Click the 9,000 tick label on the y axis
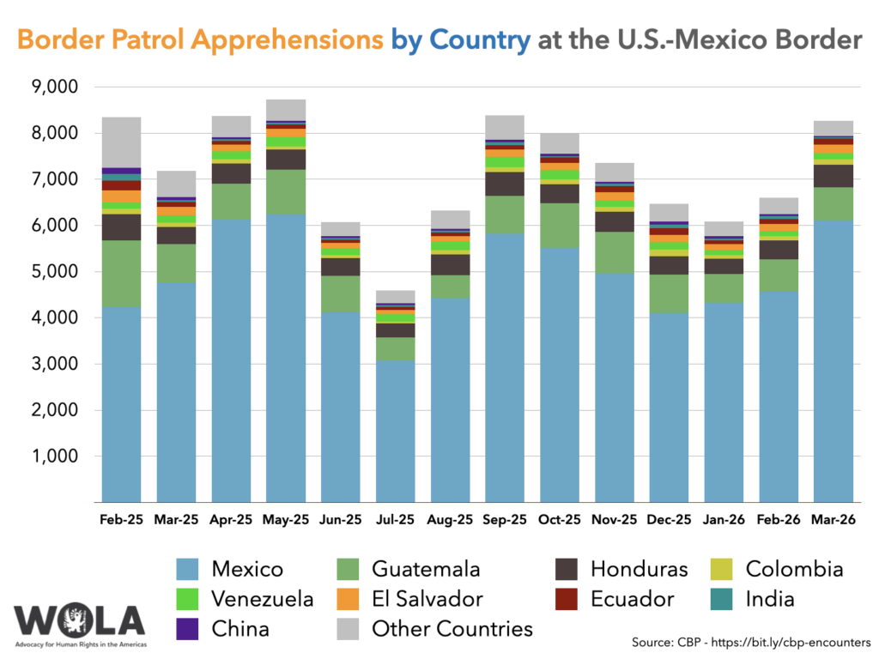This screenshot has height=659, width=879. (54, 88)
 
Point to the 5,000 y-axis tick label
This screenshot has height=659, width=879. (54, 272)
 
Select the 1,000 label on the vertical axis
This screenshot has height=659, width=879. (54, 456)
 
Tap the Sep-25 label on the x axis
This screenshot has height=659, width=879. (505, 520)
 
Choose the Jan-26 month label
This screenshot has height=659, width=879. (724, 520)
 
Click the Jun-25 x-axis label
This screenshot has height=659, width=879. (340, 520)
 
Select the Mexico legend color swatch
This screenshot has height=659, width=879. (188, 569)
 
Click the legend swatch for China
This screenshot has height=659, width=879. (188, 629)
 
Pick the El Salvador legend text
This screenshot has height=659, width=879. (427, 599)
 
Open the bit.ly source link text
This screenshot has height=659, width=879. (799, 642)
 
